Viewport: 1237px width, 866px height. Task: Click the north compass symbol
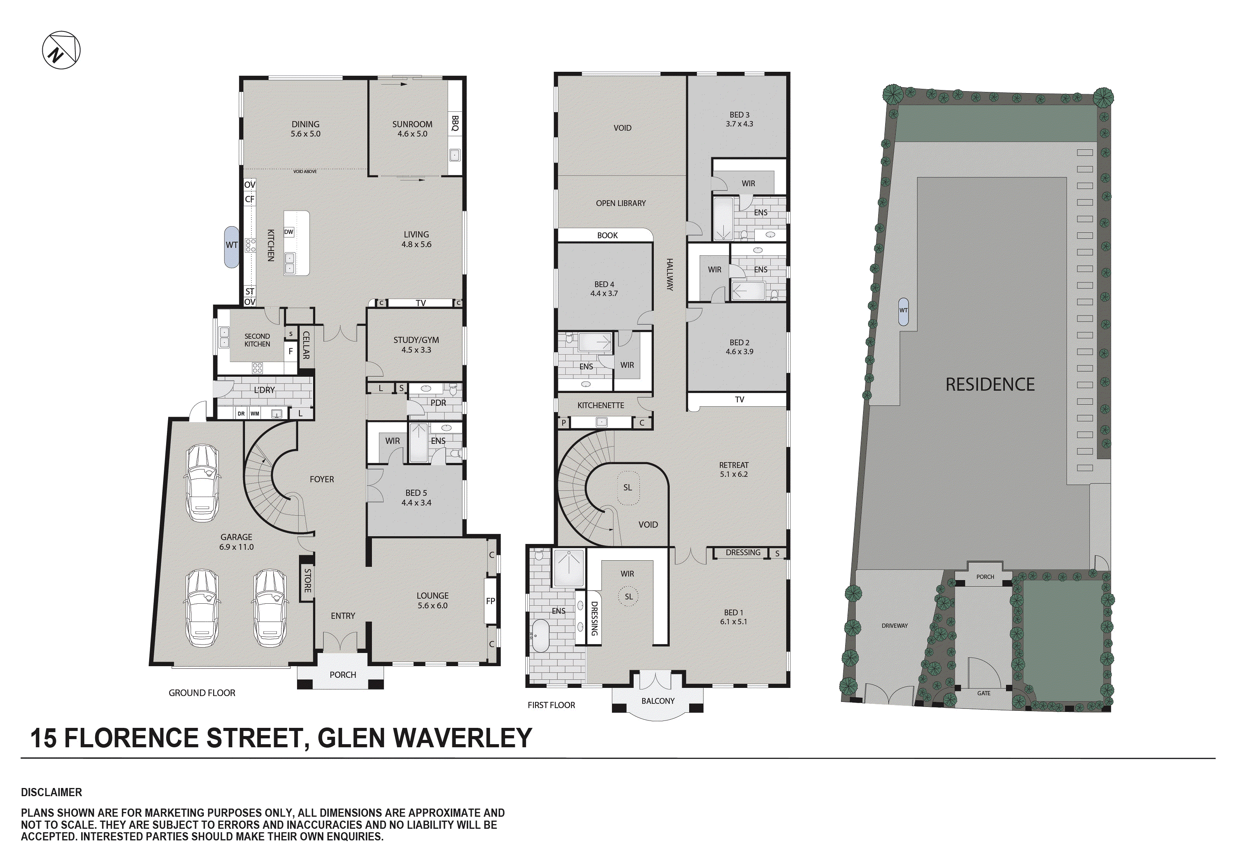(x=61, y=50)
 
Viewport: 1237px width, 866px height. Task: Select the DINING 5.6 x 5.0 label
(x=306, y=129)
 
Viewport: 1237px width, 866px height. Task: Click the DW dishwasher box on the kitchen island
(x=289, y=232)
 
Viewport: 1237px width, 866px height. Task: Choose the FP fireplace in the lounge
(x=490, y=601)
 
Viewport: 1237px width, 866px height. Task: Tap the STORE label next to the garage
(x=307, y=580)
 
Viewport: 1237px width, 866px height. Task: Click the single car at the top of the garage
(x=203, y=483)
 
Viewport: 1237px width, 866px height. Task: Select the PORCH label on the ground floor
(x=343, y=675)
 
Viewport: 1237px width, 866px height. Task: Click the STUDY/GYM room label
(x=416, y=345)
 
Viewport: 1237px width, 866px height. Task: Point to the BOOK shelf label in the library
(x=607, y=236)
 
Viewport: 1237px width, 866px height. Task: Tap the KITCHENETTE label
(x=601, y=405)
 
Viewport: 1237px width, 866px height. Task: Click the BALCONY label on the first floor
(x=658, y=701)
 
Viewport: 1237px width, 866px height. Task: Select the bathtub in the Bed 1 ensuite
(x=540, y=636)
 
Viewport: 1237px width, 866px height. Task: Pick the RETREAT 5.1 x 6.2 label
(x=734, y=469)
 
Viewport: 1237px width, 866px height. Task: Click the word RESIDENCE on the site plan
(x=990, y=385)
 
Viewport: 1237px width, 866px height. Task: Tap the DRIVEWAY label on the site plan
(x=894, y=626)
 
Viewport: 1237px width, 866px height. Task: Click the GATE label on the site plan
(x=984, y=693)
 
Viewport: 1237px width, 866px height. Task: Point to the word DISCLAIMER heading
(x=52, y=792)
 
